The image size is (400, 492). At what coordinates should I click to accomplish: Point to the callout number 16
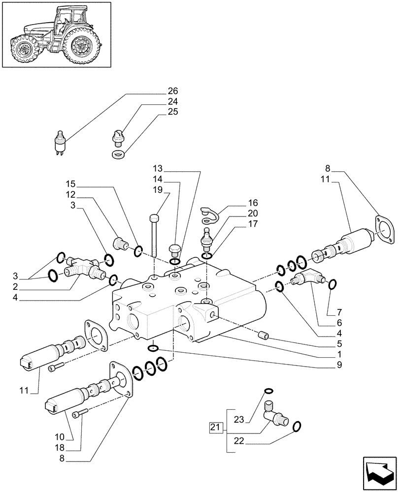tap(252, 203)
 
